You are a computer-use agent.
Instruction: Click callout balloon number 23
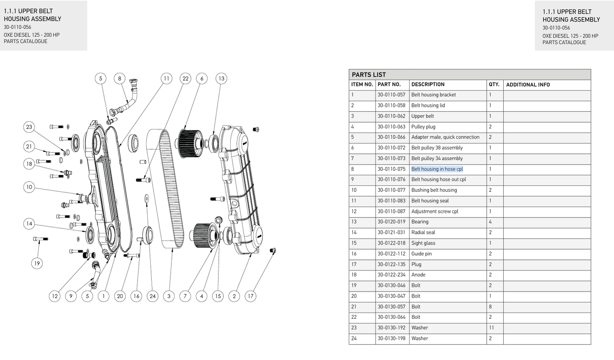click(29, 127)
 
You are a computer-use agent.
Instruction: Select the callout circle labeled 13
click(221, 79)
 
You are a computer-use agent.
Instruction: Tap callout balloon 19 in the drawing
click(37, 263)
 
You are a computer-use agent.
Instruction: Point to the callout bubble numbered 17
click(250, 296)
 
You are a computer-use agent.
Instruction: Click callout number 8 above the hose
click(119, 79)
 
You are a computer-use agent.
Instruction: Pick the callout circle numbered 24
click(153, 296)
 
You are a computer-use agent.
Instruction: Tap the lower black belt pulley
click(202, 234)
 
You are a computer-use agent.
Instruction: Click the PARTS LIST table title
click(369, 75)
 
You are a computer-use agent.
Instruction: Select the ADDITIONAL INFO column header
click(528, 85)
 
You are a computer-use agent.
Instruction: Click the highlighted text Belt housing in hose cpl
click(437, 169)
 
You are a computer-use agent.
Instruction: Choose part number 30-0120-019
click(391, 222)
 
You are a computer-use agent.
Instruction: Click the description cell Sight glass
click(423, 243)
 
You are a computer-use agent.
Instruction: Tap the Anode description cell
click(418, 275)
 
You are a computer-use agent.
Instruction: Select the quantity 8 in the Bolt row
click(490, 307)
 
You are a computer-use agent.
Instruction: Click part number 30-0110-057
click(391, 95)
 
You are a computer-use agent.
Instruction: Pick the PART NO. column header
click(389, 85)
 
